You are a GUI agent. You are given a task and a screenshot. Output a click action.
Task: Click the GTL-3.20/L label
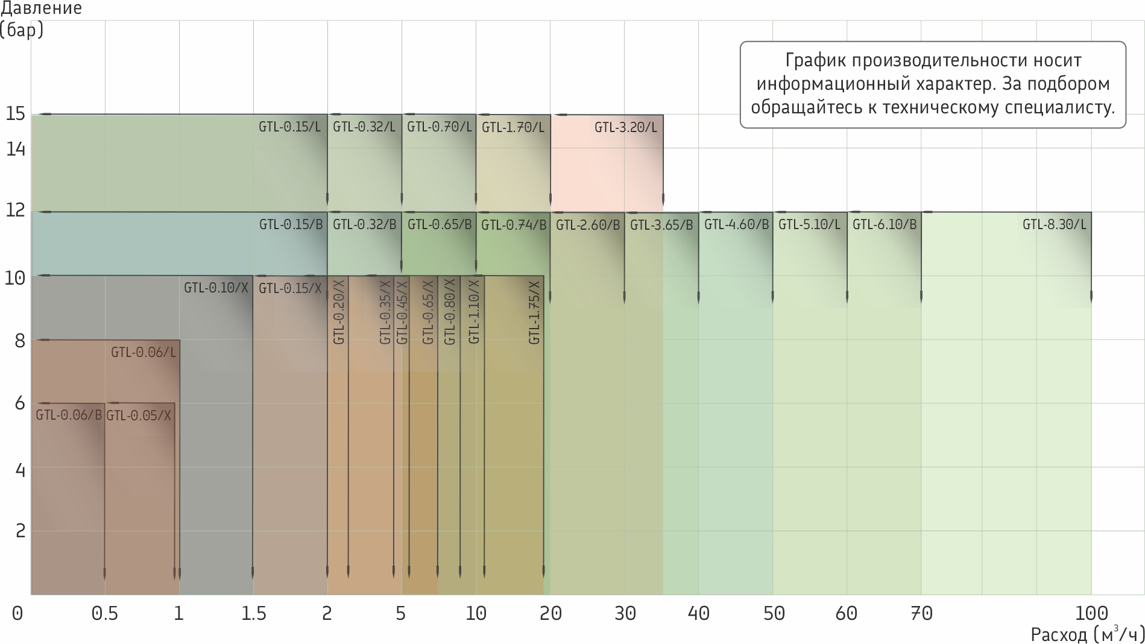(x=625, y=127)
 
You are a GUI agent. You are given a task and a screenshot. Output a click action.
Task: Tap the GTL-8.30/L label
(x=1054, y=225)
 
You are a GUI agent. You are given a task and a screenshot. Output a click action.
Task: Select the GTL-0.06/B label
(x=69, y=415)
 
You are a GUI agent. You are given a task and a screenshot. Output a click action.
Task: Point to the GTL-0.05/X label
(x=139, y=415)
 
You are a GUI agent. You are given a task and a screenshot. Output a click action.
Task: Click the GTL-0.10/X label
(x=216, y=288)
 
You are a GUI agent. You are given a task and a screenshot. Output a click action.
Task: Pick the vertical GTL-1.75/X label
(x=534, y=312)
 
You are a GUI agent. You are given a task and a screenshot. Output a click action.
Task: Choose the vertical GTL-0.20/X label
(x=339, y=312)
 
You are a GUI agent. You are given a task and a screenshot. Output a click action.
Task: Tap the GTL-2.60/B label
(x=588, y=225)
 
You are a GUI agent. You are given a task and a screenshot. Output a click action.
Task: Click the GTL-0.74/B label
(x=514, y=225)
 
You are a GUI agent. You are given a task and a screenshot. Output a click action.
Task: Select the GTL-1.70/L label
(x=513, y=127)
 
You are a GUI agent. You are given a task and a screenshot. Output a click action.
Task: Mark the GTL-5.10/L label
(x=809, y=225)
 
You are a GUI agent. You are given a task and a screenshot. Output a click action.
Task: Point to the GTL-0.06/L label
(x=144, y=352)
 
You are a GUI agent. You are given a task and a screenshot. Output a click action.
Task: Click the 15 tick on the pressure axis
(x=16, y=113)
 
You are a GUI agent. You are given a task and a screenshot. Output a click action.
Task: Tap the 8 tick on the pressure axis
(x=20, y=341)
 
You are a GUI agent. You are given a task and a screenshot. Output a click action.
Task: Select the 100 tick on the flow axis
(x=1091, y=613)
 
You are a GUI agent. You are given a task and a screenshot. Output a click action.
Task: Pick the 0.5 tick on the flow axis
(x=105, y=613)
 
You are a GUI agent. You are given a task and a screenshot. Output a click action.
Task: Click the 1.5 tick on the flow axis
(x=253, y=613)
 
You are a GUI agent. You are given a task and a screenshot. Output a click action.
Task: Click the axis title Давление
(x=41, y=8)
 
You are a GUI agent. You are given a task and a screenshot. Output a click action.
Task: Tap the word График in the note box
(x=814, y=60)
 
